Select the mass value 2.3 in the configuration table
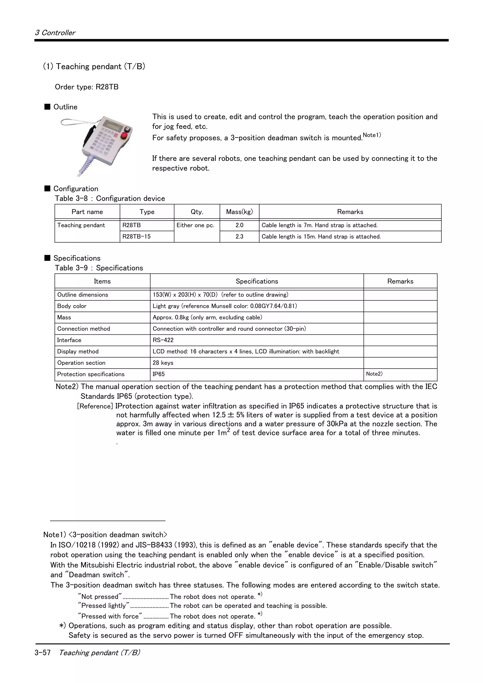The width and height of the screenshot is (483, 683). coord(239,236)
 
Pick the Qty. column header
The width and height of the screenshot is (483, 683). coord(197,212)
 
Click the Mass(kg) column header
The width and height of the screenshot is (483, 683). coord(239,212)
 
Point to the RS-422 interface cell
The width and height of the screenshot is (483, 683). coord(163,340)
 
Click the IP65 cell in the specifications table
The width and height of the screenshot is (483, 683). coord(159,374)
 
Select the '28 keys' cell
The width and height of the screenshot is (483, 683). coord(163,363)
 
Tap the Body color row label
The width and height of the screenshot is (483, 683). coord(72,306)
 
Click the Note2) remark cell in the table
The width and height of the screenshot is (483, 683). coord(374,374)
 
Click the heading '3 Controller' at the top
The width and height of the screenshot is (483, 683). coord(55,33)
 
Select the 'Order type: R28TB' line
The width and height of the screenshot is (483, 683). coord(87,87)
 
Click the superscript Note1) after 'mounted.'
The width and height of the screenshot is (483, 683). coord(372,135)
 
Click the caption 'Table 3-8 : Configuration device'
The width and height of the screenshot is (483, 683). coord(110,198)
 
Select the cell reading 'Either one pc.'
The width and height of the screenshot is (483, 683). coord(195,225)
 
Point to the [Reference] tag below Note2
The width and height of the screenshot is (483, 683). coord(95,406)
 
